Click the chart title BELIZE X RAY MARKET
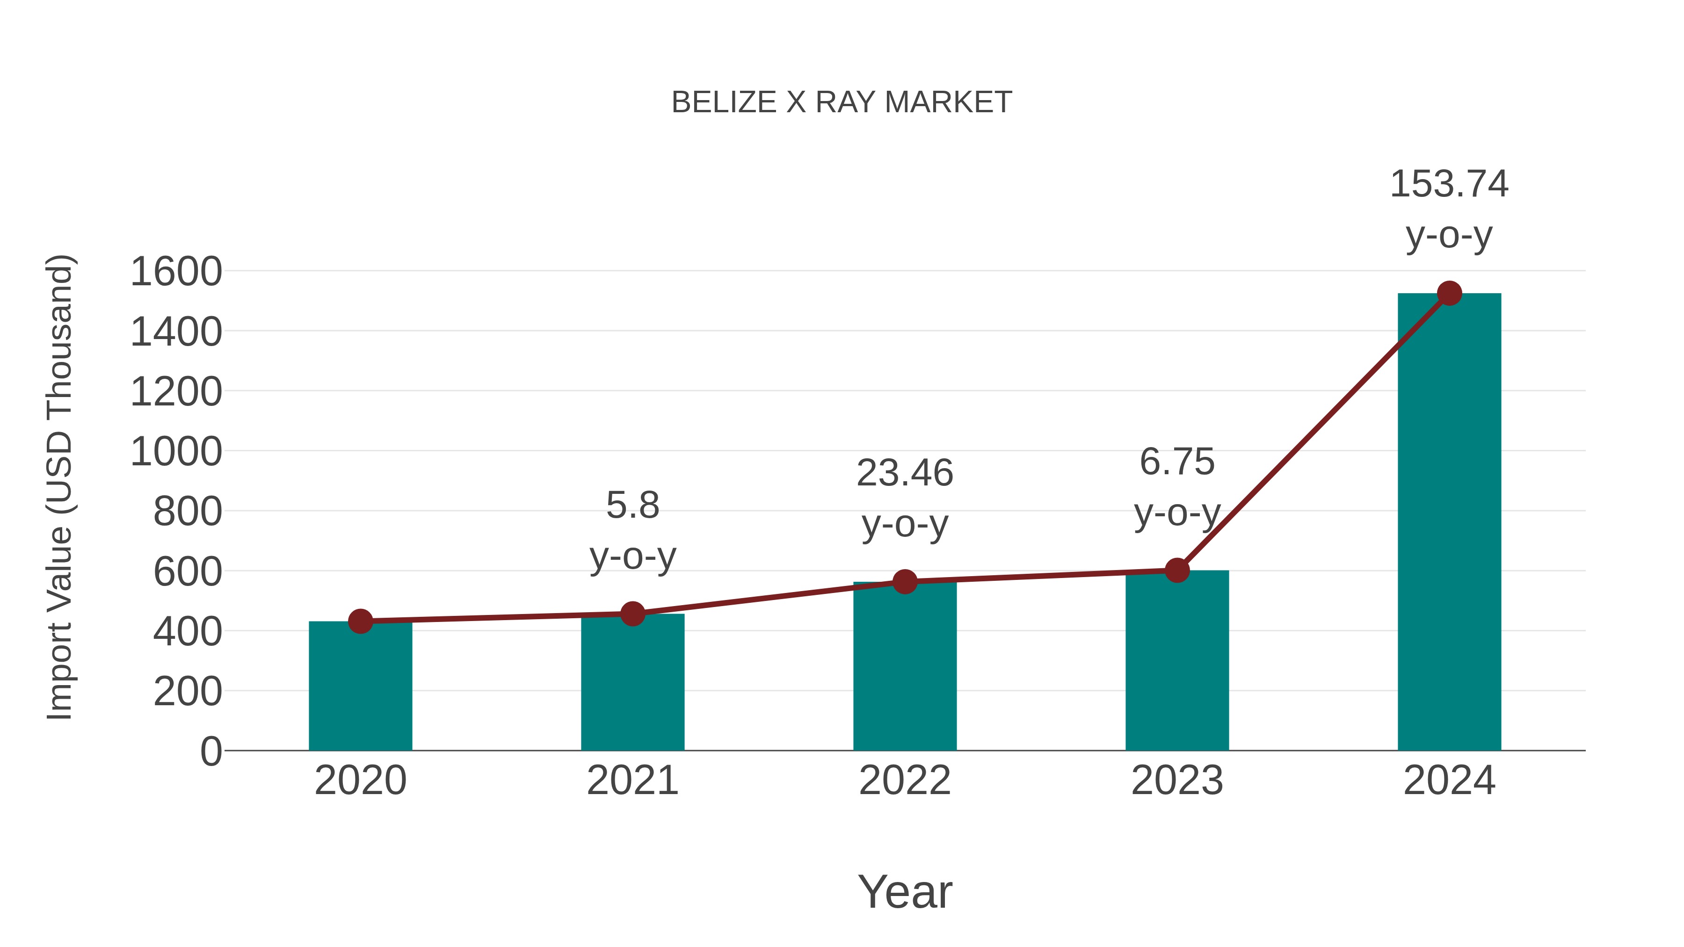842,102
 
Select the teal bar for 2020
360,686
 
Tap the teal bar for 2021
632,682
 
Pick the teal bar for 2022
904,666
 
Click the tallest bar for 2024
1449,523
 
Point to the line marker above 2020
360,621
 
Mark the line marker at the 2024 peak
1449,293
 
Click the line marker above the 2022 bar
905,581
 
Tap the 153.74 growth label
1449,184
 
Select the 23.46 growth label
905,473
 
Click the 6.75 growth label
1177,462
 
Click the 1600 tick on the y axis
176,272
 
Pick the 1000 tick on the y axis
176,452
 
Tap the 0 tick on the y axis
210,751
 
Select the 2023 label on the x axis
1177,781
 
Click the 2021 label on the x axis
632,781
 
